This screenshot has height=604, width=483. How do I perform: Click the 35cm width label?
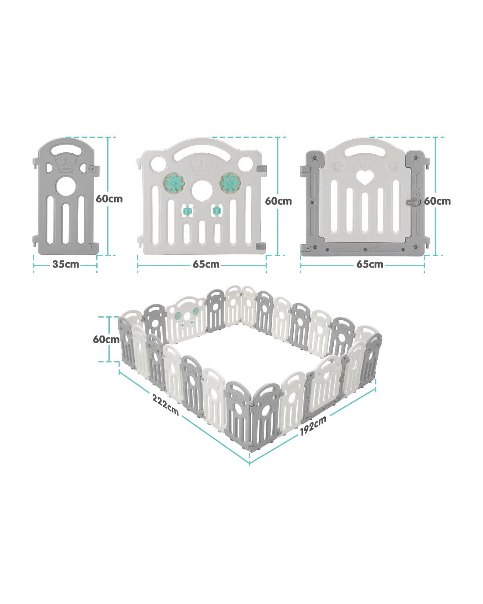[x=66, y=264]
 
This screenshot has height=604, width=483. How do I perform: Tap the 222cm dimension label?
[x=165, y=405]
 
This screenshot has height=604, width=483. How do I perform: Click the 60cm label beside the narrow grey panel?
[x=109, y=199]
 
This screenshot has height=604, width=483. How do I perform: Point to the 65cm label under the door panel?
[x=370, y=264]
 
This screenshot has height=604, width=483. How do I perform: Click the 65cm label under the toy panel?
[x=206, y=264]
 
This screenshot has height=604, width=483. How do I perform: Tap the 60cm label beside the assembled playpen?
[x=106, y=339]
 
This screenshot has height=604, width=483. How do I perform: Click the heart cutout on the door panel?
[x=365, y=177]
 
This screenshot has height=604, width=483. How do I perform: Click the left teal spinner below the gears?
[x=186, y=211]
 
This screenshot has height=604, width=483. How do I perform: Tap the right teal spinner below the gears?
[x=216, y=211]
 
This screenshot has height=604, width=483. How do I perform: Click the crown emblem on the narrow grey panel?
[x=67, y=166]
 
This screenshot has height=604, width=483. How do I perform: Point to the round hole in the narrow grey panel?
[x=66, y=186]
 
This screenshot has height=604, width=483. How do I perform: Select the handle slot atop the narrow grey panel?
[x=67, y=150]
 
